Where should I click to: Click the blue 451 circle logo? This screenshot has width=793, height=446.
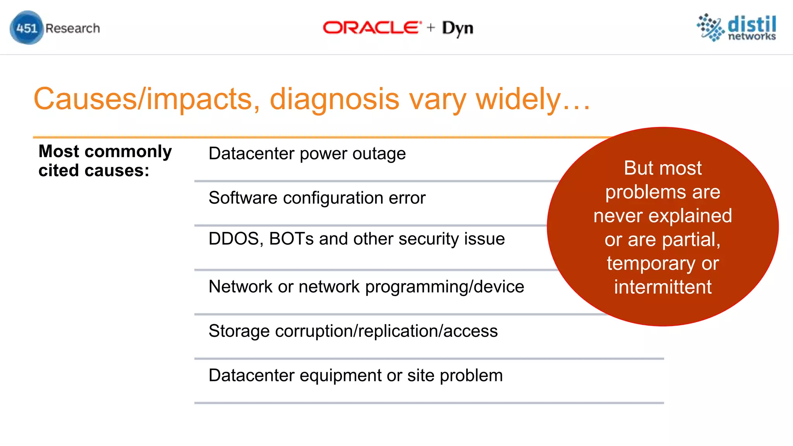point(26,28)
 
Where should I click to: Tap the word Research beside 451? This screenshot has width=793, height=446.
point(72,28)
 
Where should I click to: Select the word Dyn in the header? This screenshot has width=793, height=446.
point(457,28)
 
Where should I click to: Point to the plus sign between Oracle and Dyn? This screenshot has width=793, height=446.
point(431,27)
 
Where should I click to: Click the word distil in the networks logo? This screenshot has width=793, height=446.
point(752,24)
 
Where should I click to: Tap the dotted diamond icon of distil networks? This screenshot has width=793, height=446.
point(711,27)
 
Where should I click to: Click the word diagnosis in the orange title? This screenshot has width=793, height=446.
point(334,99)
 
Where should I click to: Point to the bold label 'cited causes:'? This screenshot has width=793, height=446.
point(94,171)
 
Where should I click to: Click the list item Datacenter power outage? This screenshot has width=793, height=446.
point(307,154)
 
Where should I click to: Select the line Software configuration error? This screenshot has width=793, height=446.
point(317,198)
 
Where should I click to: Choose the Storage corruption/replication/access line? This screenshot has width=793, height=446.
point(353,331)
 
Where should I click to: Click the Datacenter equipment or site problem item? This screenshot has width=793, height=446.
point(355,376)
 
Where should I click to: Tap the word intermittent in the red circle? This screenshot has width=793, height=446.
point(663,287)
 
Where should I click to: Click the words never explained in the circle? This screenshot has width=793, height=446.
point(663,216)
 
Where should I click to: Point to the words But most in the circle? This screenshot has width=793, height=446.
point(663,168)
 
